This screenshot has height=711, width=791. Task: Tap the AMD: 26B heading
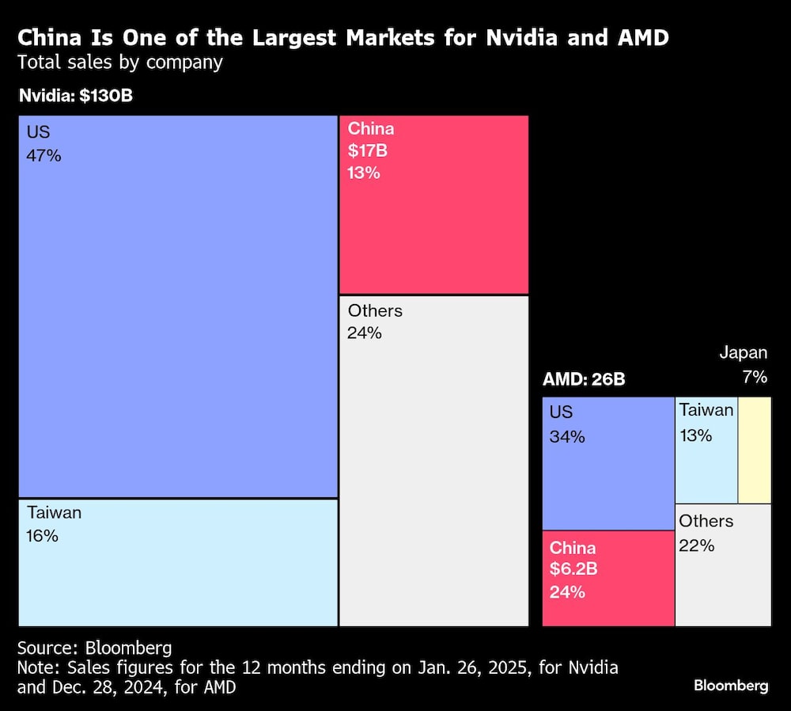pyautogui.click(x=584, y=379)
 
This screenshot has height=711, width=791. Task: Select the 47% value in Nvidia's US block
pyautogui.click(x=44, y=155)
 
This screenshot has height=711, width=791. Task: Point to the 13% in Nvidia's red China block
pyautogui.click(x=364, y=173)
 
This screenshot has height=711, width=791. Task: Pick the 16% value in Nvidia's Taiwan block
pyautogui.click(x=42, y=536)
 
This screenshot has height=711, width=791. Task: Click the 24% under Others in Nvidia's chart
pyautogui.click(x=364, y=333)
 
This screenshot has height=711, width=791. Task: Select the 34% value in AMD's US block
pyautogui.click(x=566, y=436)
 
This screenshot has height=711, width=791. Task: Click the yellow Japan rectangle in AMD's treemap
pyautogui.click(x=754, y=450)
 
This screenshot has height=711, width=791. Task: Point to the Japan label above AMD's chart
pyautogui.click(x=743, y=353)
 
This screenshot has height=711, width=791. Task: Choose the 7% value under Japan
pyautogui.click(x=754, y=377)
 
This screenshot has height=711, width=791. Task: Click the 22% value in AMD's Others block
pyautogui.click(x=696, y=545)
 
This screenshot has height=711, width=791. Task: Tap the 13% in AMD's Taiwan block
pyautogui.click(x=695, y=435)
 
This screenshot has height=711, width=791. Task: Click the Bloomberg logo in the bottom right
pyautogui.click(x=730, y=686)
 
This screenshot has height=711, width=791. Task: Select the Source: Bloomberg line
pyautogui.click(x=94, y=647)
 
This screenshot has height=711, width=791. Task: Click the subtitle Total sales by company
pyautogui.click(x=120, y=62)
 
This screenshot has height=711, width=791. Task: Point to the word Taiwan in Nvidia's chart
pyautogui.click(x=54, y=513)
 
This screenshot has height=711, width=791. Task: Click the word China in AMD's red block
pyautogui.click(x=573, y=548)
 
